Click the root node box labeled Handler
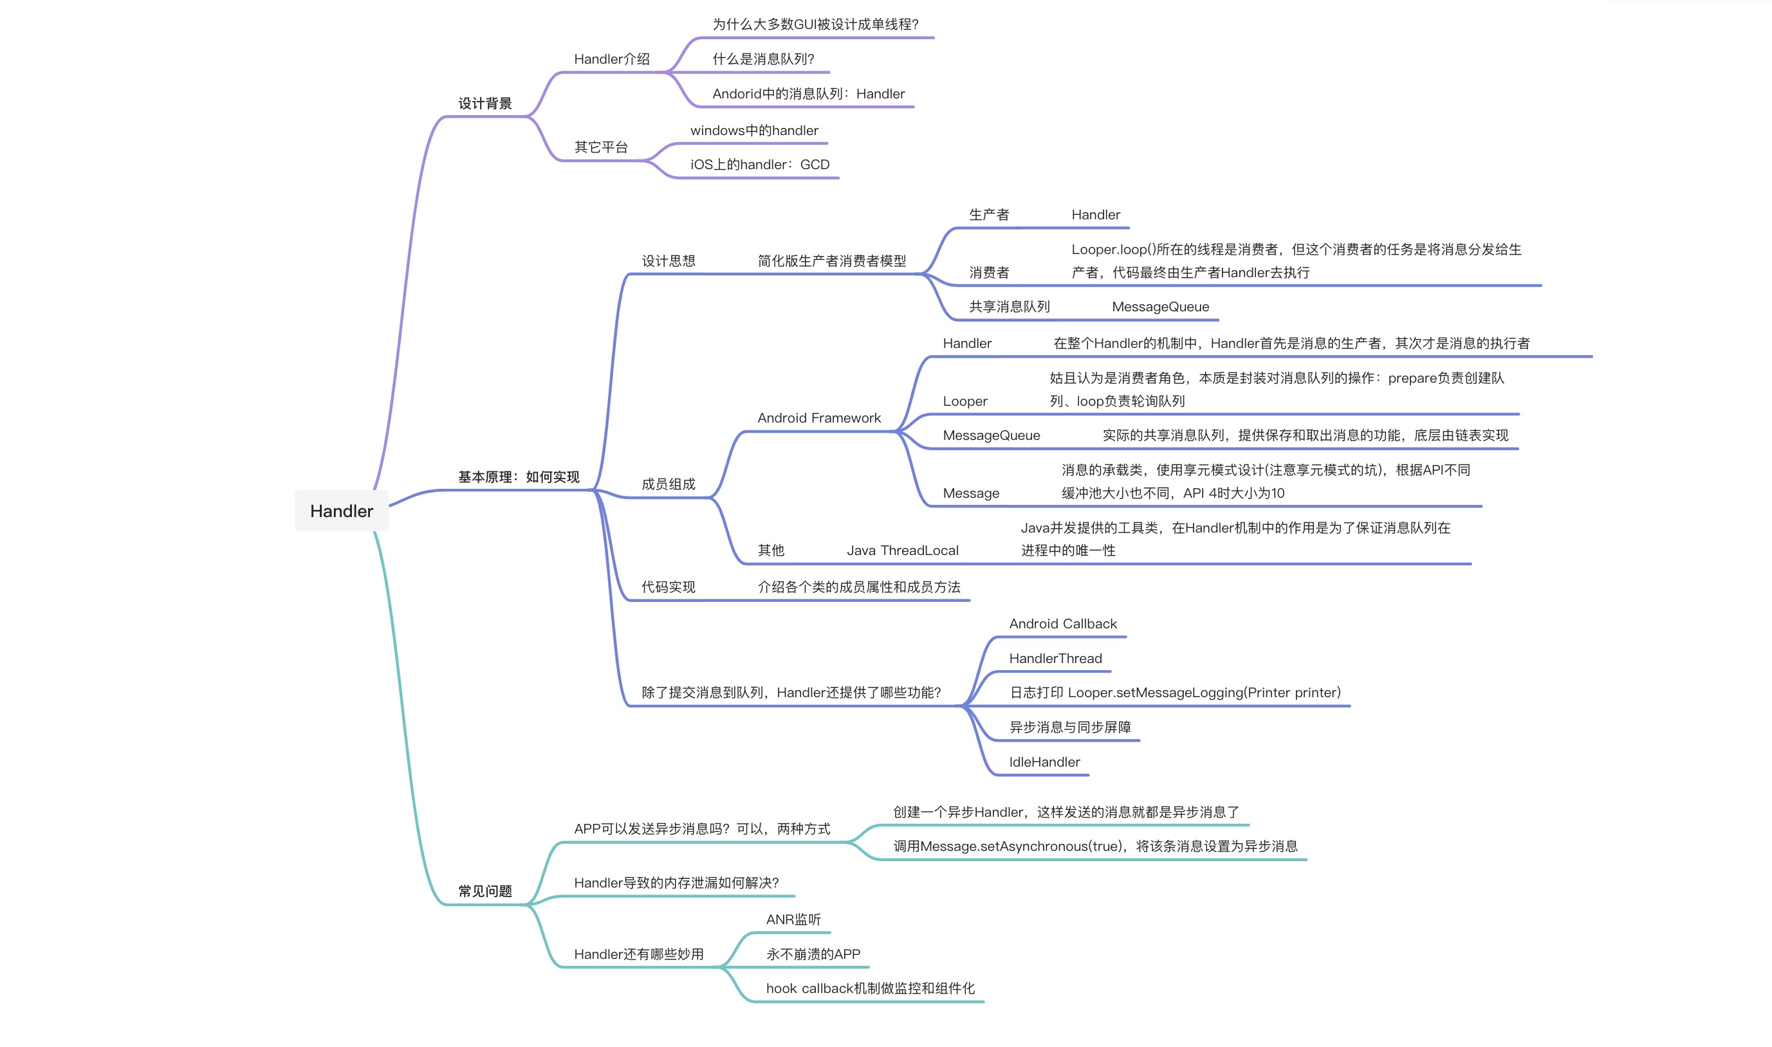tap(342, 511)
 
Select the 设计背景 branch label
tap(485, 104)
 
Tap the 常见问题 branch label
tap(485, 891)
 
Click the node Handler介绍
tap(611, 59)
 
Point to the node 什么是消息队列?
tap(763, 59)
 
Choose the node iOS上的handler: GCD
tap(759, 165)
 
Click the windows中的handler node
tap(753, 131)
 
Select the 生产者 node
tap(989, 214)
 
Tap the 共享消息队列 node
tap(1009, 307)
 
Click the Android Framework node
tap(818, 417)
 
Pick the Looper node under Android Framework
tap(964, 401)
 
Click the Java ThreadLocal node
tap(902, 551)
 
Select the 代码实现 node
tap(668, 587)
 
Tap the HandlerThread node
tap(1055, 659)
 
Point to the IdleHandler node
tap(1044, 762)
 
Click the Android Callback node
tap(1062, 624)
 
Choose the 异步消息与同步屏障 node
tap(1070, 727)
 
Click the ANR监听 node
tap(793, 919)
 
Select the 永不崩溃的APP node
tap(813, 954)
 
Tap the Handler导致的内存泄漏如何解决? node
tap(676, 882)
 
